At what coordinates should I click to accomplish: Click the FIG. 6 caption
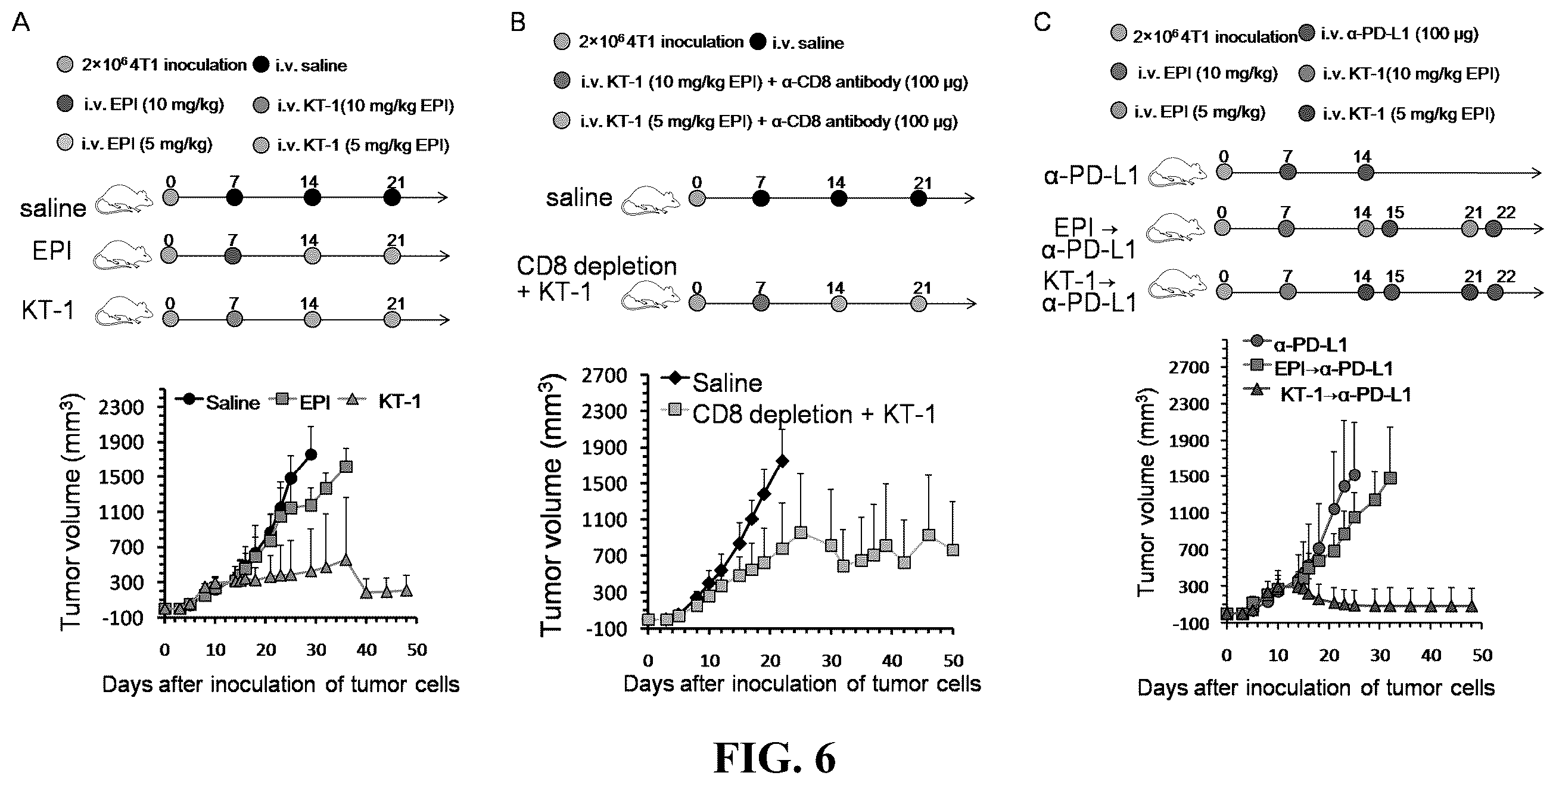click(774, 757)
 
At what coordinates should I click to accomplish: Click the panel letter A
click(21, 23)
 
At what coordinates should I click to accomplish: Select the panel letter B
click(518, 23)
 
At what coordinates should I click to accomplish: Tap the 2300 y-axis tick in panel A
click(122, 407)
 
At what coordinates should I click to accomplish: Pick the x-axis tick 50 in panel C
click(1482, 655)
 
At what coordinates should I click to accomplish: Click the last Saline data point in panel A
click(311, 454)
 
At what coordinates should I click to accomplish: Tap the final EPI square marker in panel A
click(346, 466)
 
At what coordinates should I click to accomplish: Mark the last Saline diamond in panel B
click(782, 461)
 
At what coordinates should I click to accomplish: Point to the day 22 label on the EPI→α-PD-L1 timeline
click(1506, 212)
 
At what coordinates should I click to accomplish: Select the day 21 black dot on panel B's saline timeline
click(919, 199)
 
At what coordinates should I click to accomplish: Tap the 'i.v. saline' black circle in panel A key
click(261, 64)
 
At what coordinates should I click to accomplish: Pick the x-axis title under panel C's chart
click(1315, 688)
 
